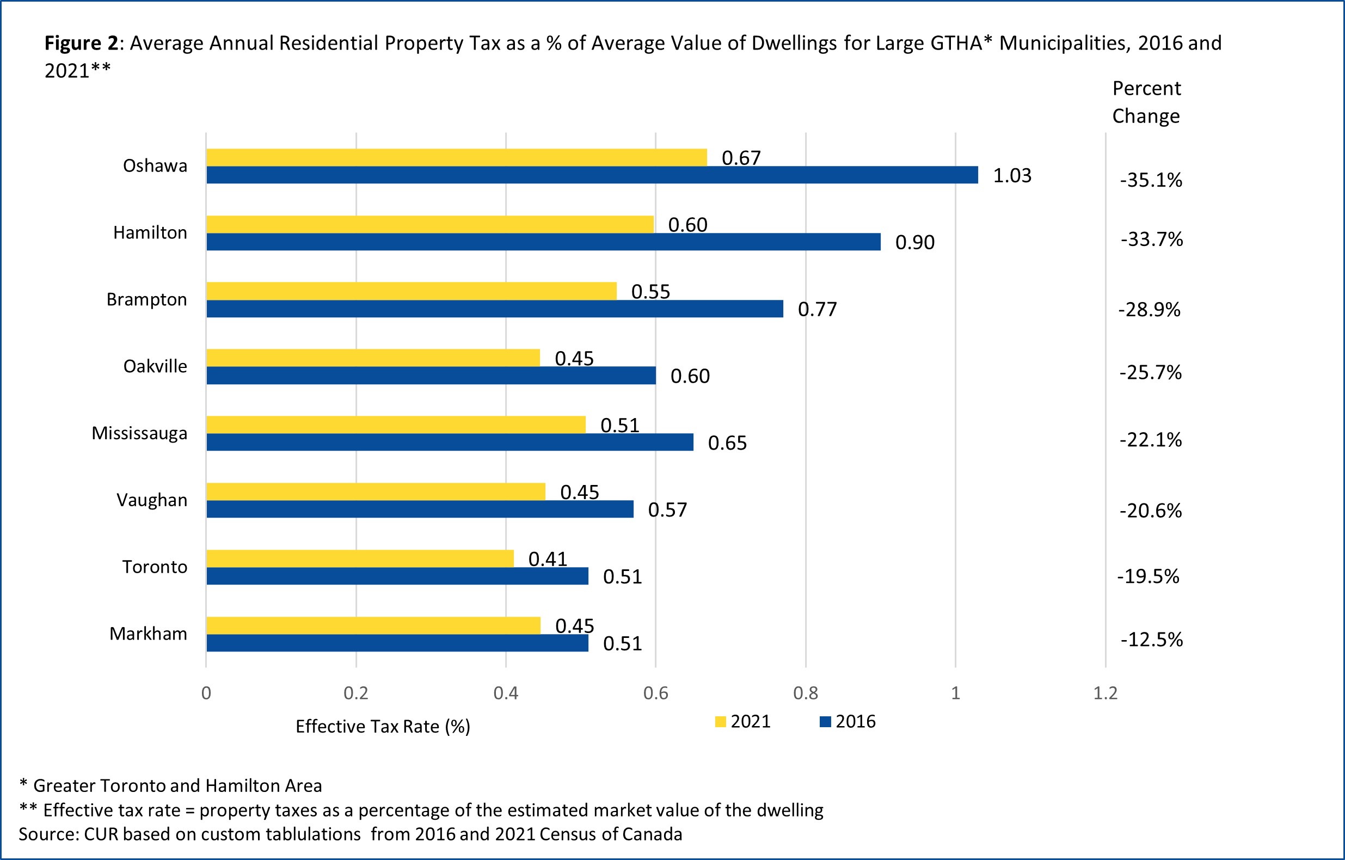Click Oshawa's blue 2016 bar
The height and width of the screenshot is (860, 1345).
592,175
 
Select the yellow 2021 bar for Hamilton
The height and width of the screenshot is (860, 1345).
430,224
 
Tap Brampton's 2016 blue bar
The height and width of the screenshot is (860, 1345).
494,309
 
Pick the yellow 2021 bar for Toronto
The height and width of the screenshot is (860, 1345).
360,558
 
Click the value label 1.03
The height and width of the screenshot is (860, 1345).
1011,176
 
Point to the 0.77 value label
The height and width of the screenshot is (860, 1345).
817,309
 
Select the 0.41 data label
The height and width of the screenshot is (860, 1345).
548,559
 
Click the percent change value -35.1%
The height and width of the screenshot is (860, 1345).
1151,180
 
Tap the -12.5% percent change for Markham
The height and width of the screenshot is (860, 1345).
1151,640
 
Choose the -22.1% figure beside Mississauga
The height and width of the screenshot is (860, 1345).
1151,440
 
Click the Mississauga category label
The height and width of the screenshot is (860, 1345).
139,433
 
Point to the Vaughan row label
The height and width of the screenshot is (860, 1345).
151,500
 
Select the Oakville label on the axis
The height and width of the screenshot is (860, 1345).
155,366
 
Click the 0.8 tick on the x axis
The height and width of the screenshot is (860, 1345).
806,693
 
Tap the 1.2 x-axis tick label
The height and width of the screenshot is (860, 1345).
1105,693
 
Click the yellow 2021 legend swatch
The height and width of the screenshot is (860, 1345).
720,722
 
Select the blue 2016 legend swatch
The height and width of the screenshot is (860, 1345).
825,722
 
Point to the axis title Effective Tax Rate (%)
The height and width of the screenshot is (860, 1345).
383,727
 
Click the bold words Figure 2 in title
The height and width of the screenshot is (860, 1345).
81,43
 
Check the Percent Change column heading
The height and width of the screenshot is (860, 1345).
1146,102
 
